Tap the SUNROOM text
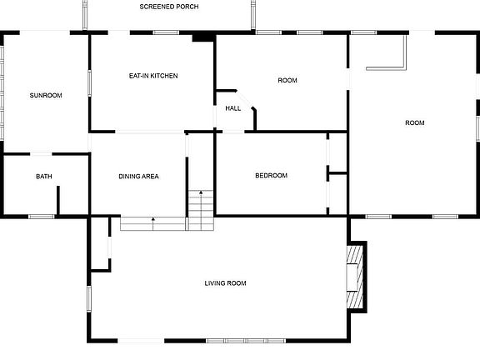pyautogui.click(x=46, y=96)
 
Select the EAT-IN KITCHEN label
pyautogui.click(x=152, y=76)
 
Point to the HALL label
pyautogui.click(x=232, y=107)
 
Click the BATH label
pyautogui.click(x=43, y=177)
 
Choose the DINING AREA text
pyautogui.click(x=138, y=177)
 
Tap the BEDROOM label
pyautogui.click(x=271, y=176)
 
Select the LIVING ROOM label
pyautogui.click(x=225, y=283)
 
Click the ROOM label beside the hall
pyautogui.click(x=287, y=80)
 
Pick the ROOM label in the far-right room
pyautogui.click(x=414, y=122)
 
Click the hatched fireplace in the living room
pyautogui.click(x=357, y=276)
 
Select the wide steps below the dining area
pyautogui.click(x=152, y=223)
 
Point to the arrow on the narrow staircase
pyautogui.click(x=200, y=197)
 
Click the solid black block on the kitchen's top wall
pyautogui.click(x=202, y=37)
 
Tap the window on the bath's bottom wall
pyautogui.click(x=42, y=217)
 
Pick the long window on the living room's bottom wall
pyautogui.click(x=247, y=341)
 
